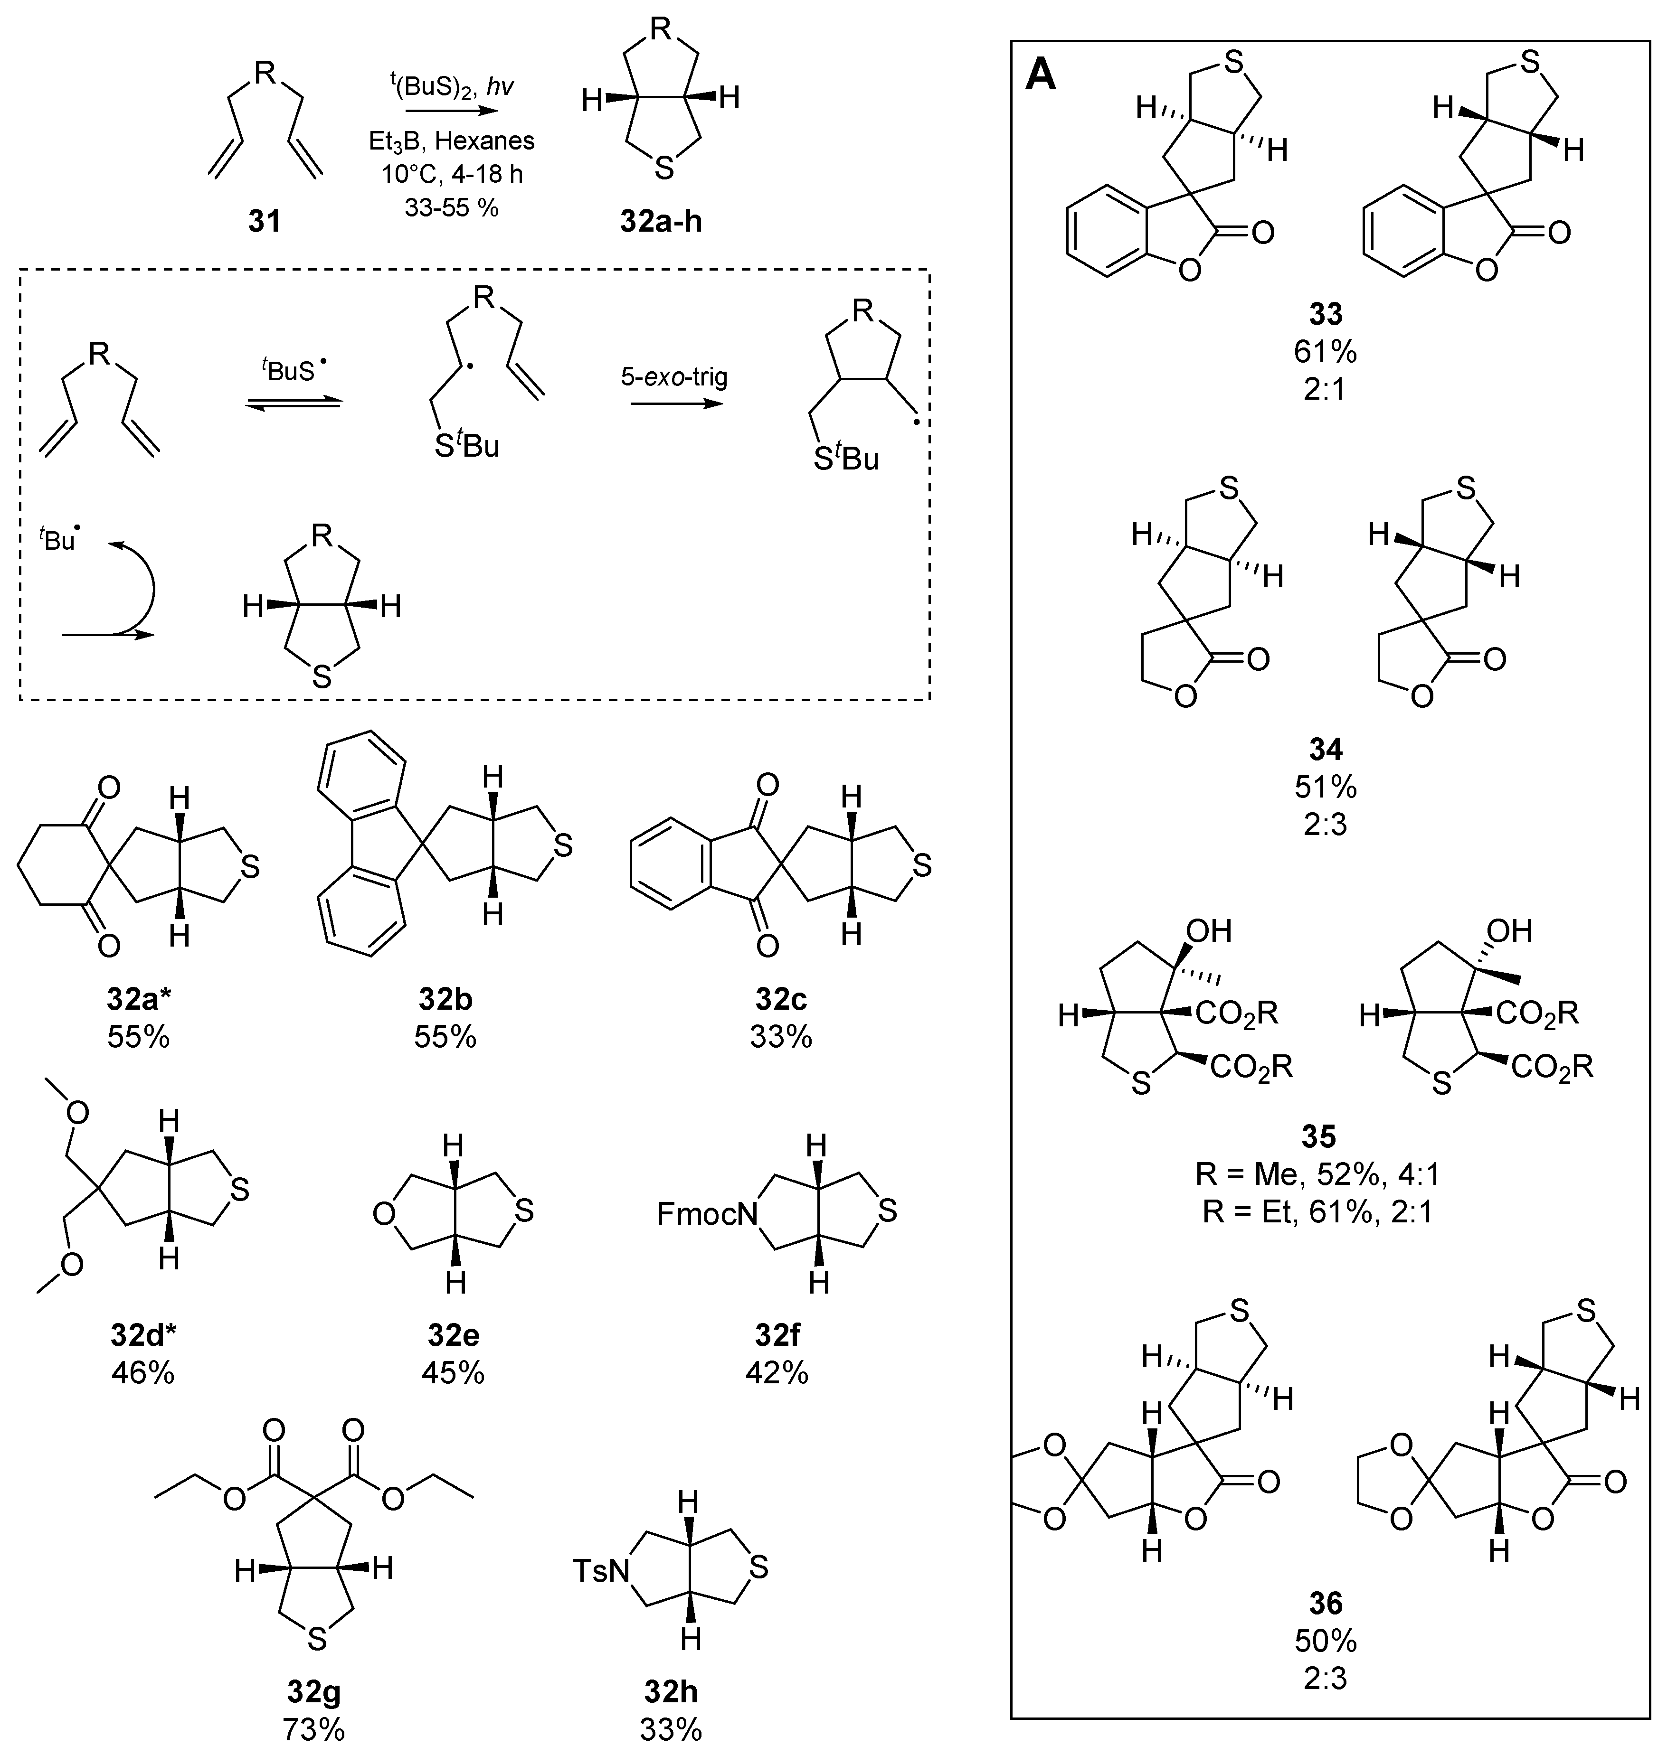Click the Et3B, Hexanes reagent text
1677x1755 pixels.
pyautogui.click(x=452, y=141)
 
